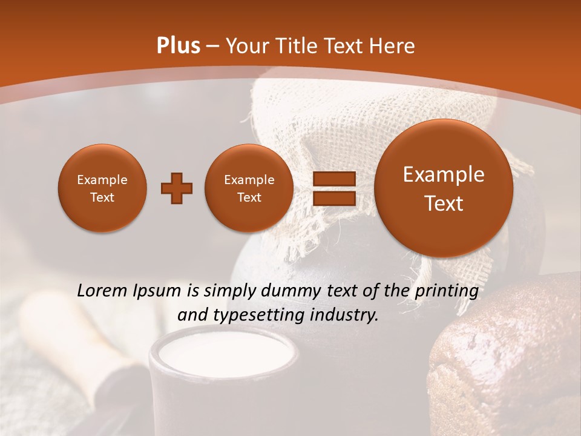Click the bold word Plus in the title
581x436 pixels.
point(179,46)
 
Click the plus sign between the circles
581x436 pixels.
point(176,189)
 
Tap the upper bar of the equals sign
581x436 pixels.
point(333,179)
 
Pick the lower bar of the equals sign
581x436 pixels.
point(333,199)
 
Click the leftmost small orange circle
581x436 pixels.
point(102,188)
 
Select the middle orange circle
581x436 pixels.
point(249,188)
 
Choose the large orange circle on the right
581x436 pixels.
point(444,188)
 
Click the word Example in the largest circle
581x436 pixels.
point(444,174)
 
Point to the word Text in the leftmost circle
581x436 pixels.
point(102,197)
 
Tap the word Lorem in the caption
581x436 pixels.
point(101,291)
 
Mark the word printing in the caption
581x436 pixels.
point(447,291)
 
